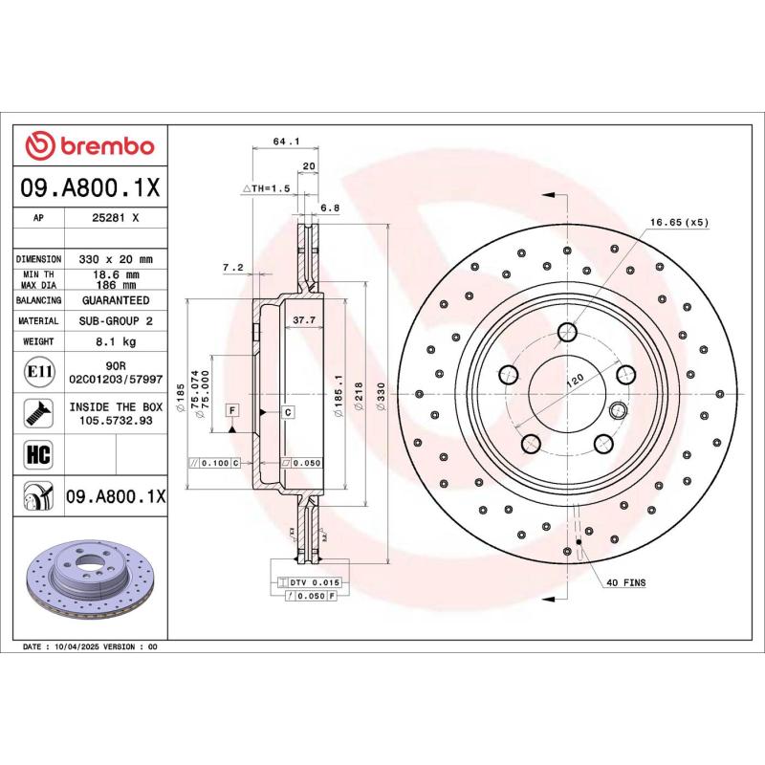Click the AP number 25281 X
[116, 218]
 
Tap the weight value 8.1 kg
[116, 341]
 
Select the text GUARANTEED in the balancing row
[116, 300]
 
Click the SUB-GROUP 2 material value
[116, 321]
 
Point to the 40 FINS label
[627, 581]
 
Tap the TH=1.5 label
[272, 188]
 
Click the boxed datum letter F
[231, 410]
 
